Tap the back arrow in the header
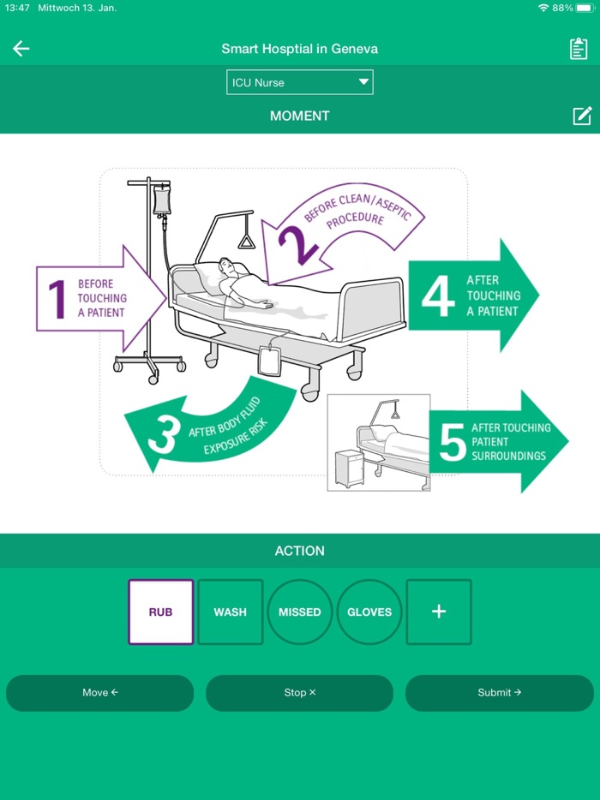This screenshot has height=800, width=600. point(21,49)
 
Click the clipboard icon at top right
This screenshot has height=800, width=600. point(579,49)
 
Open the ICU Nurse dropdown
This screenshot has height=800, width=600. point(299,82)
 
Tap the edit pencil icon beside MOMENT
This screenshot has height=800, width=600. point(582,116)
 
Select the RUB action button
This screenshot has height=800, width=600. point(160,612)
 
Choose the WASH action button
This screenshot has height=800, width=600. point(230,612)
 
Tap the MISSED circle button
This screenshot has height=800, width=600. point(299,612)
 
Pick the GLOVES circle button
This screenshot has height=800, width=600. point(369,612)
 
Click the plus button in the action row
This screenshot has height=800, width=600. point(438,612)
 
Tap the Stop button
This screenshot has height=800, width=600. point(299,692)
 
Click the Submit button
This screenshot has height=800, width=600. point(499,692)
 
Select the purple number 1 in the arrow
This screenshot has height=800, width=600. point(57,299)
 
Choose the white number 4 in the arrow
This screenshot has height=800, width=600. point(438,296)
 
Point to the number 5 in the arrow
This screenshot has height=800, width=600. point(452,442)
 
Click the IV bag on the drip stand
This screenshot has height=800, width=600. point(161,200)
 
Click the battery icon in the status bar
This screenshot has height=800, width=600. point(585,8)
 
